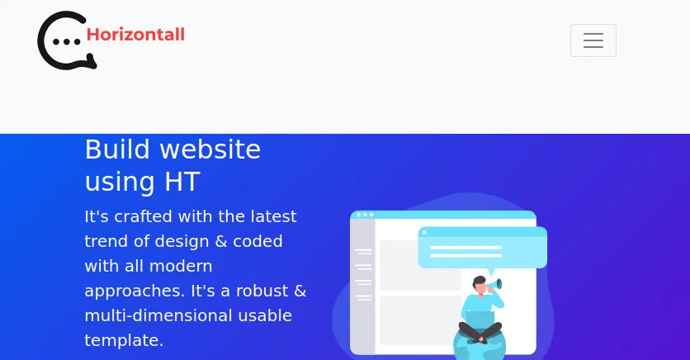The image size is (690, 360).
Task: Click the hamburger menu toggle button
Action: [593, 40]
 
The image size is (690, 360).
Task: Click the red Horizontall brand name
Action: [135, 35]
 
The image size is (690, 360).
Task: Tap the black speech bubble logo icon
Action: [67, 40]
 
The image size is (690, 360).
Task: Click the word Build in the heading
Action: [117, 149]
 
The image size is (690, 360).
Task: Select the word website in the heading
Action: [210, 149]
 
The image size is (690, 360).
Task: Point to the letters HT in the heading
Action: [182, 182]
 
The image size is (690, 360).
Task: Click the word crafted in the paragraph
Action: [143, 216]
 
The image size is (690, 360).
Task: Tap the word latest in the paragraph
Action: [274, 216]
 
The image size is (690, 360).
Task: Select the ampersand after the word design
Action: [221, 241]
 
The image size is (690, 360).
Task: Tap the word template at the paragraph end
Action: [124, 341]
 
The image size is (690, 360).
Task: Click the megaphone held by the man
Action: [495, 284]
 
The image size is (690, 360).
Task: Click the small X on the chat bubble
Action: [424, 232]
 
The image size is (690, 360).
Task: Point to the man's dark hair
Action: [479, 281]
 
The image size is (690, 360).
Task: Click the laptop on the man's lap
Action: [480, 320]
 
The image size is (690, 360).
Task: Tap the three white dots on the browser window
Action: [365, 215]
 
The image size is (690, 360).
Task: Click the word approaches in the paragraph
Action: [135, 291]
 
